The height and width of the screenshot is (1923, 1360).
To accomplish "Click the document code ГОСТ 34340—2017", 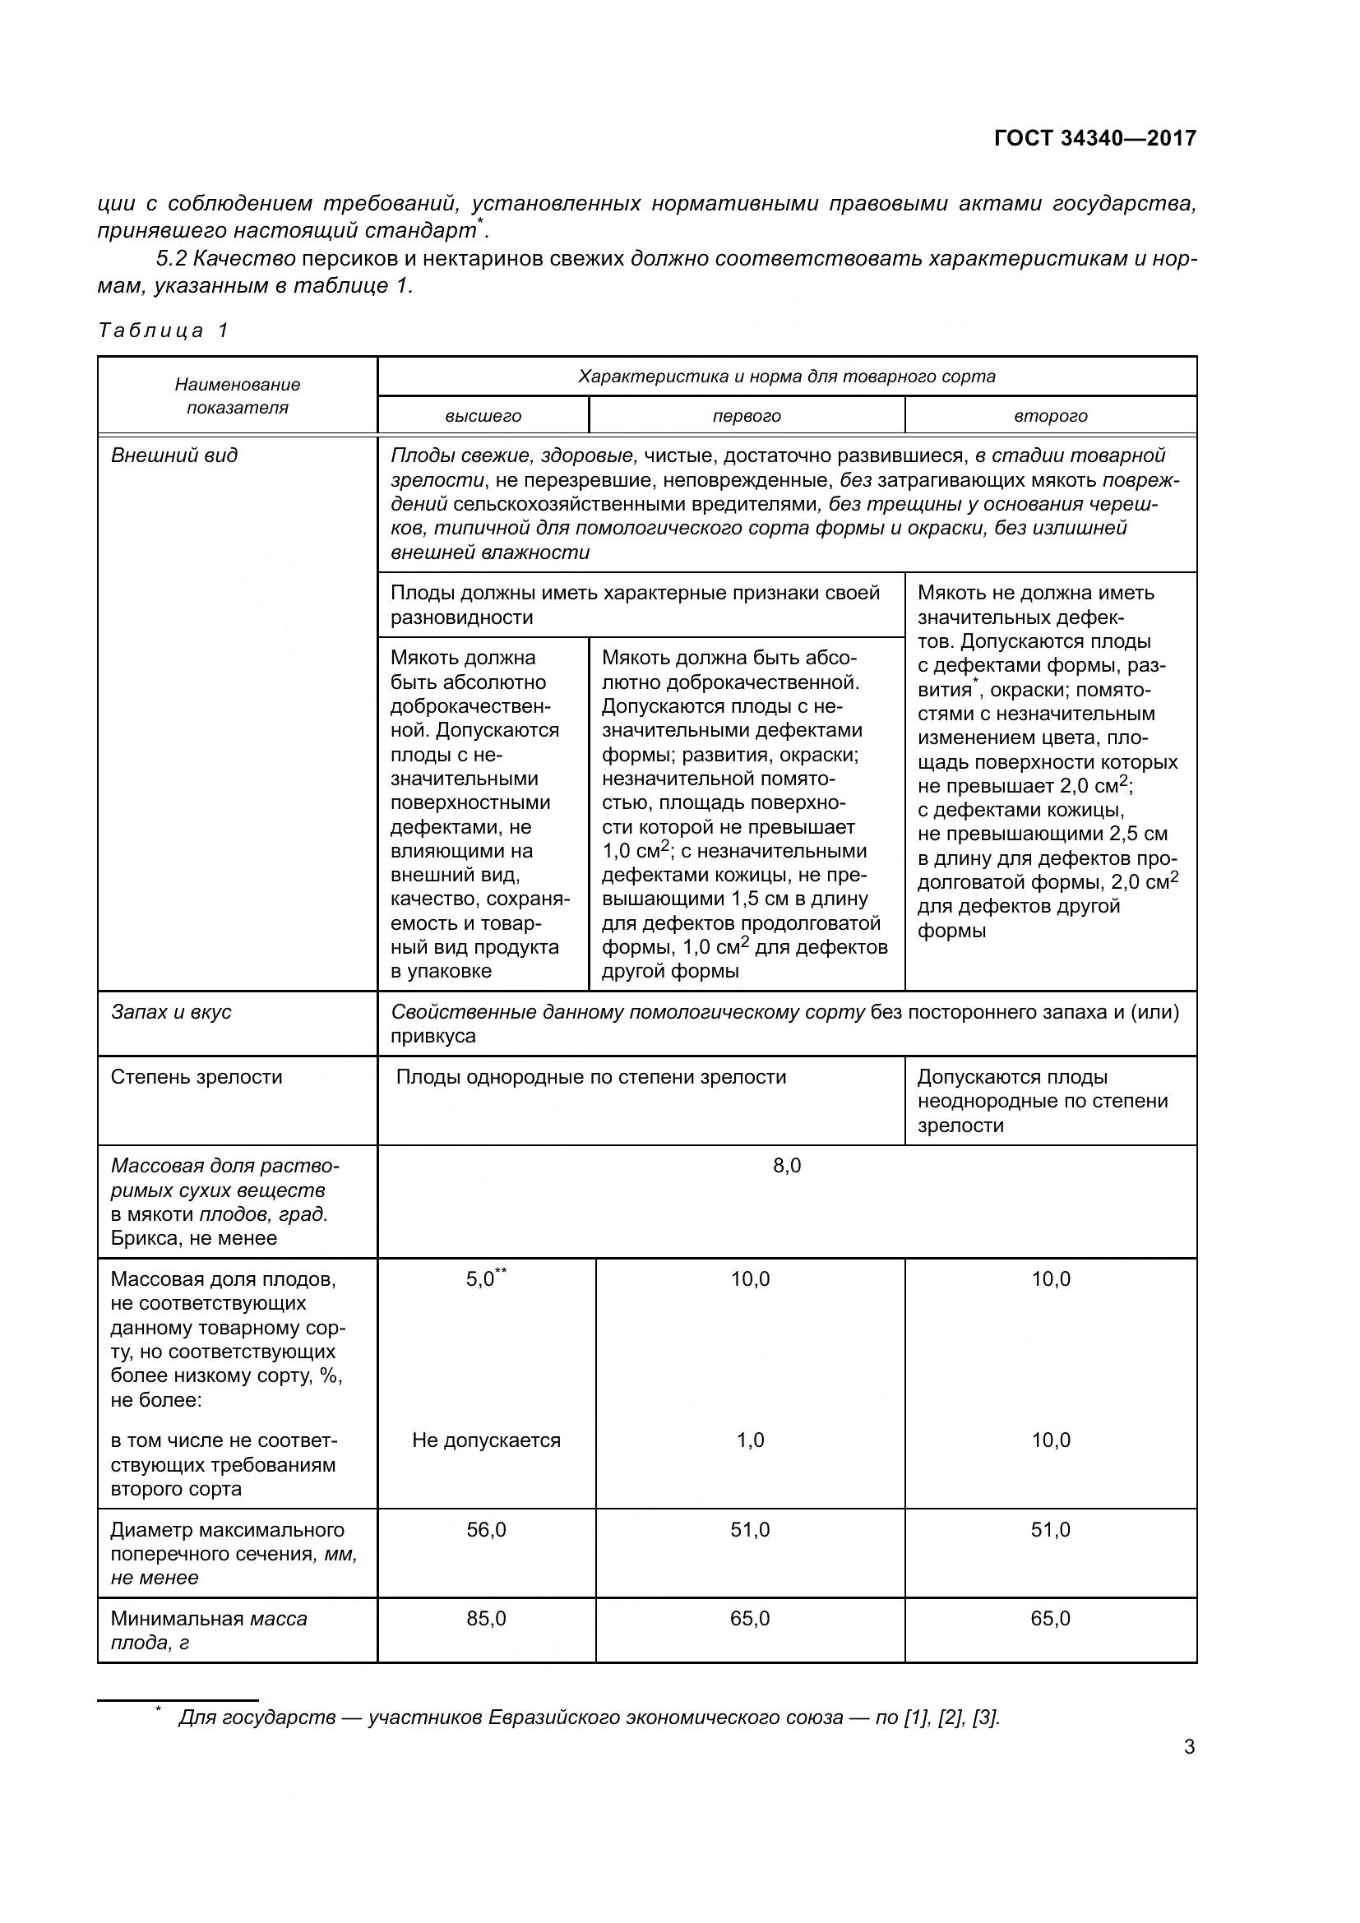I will coord(1094,138).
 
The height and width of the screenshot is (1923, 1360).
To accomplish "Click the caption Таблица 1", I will coord(163,330).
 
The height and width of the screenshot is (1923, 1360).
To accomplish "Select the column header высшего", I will coord(483,416).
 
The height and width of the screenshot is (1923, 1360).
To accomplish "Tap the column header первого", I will coord(746,416).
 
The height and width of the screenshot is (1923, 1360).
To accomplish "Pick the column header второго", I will coord(1050,416).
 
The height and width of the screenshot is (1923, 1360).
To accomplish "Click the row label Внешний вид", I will coord(174,455).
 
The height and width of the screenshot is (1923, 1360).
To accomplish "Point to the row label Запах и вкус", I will coord(171,1012).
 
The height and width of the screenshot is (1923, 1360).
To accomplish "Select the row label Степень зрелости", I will coord(196,1077).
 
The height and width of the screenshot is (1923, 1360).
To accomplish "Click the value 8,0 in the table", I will coord(786,1166).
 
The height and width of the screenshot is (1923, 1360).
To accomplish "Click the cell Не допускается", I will coord(486,1440).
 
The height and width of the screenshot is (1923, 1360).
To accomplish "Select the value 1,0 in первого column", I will coord(750,1440).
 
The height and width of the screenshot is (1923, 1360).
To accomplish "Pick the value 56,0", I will coord(486,1530).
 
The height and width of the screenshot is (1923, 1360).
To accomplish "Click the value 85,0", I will coord(486,1619).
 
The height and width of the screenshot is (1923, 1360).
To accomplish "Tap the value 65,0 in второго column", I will coord(1050,1619).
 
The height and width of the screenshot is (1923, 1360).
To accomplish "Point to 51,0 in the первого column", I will coord(750,1530).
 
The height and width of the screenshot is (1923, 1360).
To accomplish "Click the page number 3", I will coord(1188,1747).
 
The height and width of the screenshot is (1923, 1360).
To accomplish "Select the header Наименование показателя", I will coord(237,396).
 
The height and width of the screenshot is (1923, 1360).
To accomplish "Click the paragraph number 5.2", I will coord(171,259).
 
